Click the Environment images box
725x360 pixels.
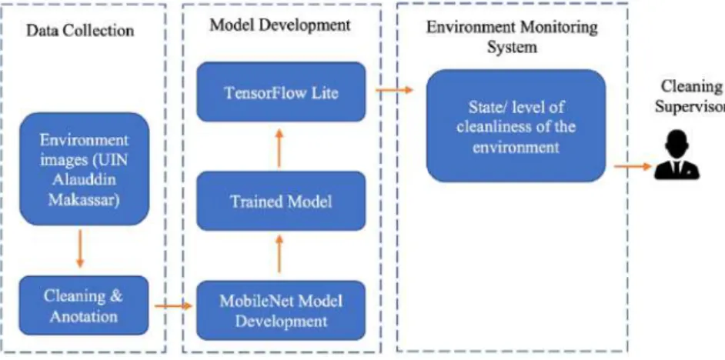84,168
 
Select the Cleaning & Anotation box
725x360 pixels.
84,305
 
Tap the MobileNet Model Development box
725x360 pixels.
281,311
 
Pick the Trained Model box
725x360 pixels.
281,201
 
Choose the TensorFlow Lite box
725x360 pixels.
281,92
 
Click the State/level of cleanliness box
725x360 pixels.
516,125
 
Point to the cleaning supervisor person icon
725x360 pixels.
677,155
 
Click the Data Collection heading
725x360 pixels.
80,31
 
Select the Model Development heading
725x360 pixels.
280,25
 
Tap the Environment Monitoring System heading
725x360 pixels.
512,37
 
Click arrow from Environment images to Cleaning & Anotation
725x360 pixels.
80,248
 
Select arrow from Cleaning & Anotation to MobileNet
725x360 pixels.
173,306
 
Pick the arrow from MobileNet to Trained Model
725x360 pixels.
279,254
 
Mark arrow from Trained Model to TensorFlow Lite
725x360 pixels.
279,148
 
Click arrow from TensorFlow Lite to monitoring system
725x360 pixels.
394,90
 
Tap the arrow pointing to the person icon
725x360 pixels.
633,166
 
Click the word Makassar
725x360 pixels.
84,201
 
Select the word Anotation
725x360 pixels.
84,317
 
